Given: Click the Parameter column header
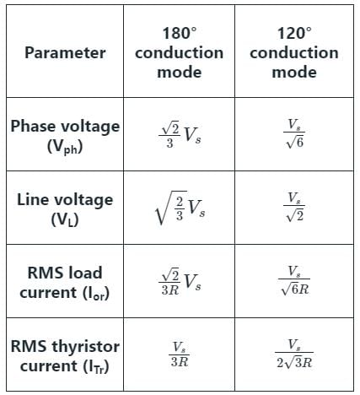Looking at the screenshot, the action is (65, 52).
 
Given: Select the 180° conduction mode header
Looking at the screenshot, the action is (180, 52).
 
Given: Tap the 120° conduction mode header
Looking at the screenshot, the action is (294, 52).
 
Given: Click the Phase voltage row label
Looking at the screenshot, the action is (65, 136).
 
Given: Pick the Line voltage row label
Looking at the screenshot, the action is (65, 209).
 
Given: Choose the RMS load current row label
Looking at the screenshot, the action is (65, 283).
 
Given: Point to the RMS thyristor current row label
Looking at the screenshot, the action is (65, 356).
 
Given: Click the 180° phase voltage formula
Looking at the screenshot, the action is (180, 134).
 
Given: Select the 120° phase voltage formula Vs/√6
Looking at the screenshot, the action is (294, 133).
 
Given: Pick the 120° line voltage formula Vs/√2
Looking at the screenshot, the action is (294, 207).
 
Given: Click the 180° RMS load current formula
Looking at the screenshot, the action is (180, 281).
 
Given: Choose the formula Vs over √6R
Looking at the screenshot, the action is (294, 280).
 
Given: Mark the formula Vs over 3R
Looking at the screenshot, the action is (180, 354).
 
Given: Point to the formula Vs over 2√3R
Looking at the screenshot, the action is (294, 354).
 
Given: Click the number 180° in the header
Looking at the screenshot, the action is (180, 33).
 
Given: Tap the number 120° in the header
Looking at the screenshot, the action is (294, 33).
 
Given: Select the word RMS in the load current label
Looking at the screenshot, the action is (45, 273).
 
